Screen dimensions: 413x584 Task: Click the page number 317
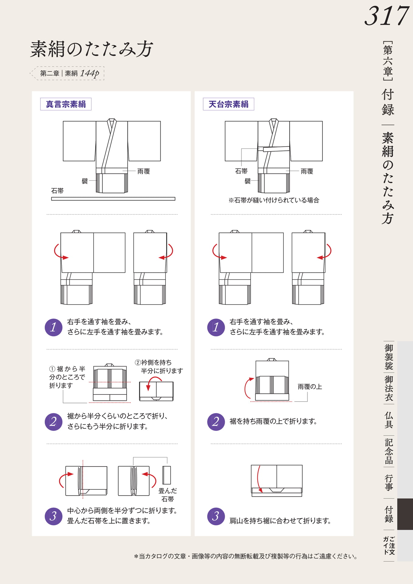[387, 16]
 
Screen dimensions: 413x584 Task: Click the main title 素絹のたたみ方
[92, 49]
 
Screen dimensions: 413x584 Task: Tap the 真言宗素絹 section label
[66, 104]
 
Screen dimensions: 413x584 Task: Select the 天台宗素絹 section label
[228, 104]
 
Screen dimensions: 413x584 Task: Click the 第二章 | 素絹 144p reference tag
[69, 73]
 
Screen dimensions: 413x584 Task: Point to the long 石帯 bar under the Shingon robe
[113, 199]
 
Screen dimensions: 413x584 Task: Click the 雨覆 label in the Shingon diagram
[144, 171]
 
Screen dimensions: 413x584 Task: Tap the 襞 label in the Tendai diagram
[248, 181]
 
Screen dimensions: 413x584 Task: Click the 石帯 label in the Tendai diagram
[241, 171]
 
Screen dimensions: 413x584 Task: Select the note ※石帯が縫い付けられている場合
[274, 200]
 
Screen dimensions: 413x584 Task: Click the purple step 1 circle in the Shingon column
[54, 327]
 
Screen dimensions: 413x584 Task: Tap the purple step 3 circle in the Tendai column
[216, 516]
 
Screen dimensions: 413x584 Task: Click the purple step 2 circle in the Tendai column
[216, 422]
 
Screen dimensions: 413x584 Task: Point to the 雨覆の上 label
[310, 387]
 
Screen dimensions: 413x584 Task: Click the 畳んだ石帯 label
[168, 495]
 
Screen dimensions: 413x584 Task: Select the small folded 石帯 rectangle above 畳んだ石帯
[167, 475]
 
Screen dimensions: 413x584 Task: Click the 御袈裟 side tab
[389, 357]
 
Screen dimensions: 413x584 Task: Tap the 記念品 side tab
[389, 451]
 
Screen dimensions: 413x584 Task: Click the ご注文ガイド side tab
[389, 546]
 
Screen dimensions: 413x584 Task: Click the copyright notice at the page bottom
[246, 556]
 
